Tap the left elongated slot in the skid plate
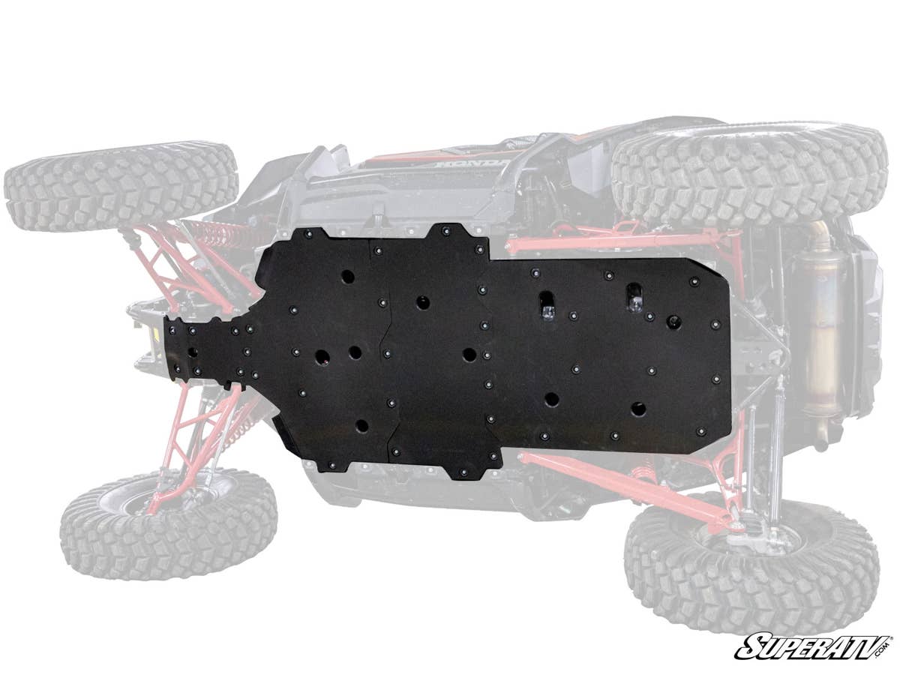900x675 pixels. click(x=547, y=304)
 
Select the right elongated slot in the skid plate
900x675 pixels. click(x=634, y=298)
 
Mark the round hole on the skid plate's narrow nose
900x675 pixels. click(x=192, y=352)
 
